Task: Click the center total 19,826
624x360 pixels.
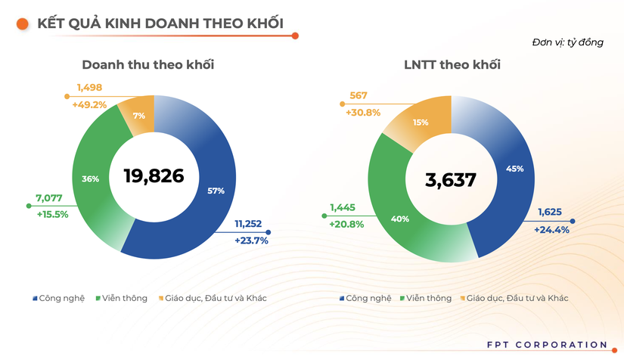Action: (x=154, y=176)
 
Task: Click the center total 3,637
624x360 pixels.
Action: (x=451, y=180)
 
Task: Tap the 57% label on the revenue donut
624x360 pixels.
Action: (x=216, y=191)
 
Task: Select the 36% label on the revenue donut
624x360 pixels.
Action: (x=90, y=179)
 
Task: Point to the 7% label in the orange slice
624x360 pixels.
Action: (x=138, y=116)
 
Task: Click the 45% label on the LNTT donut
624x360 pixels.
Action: (x=515, y=169)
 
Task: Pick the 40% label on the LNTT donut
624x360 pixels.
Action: (x=400, y=219)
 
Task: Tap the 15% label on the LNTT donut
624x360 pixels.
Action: (x=421, y=122)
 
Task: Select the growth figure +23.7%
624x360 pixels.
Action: (x=252, y=241)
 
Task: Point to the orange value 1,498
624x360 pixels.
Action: (x=88, y=87)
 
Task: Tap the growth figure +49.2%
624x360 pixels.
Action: (x=89, y=104)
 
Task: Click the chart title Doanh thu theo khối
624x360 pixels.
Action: (x=147, y=64)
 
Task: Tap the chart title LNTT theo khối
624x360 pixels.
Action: (x=452, y=64)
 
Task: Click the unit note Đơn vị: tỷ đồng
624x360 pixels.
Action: (x=568, y=42)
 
